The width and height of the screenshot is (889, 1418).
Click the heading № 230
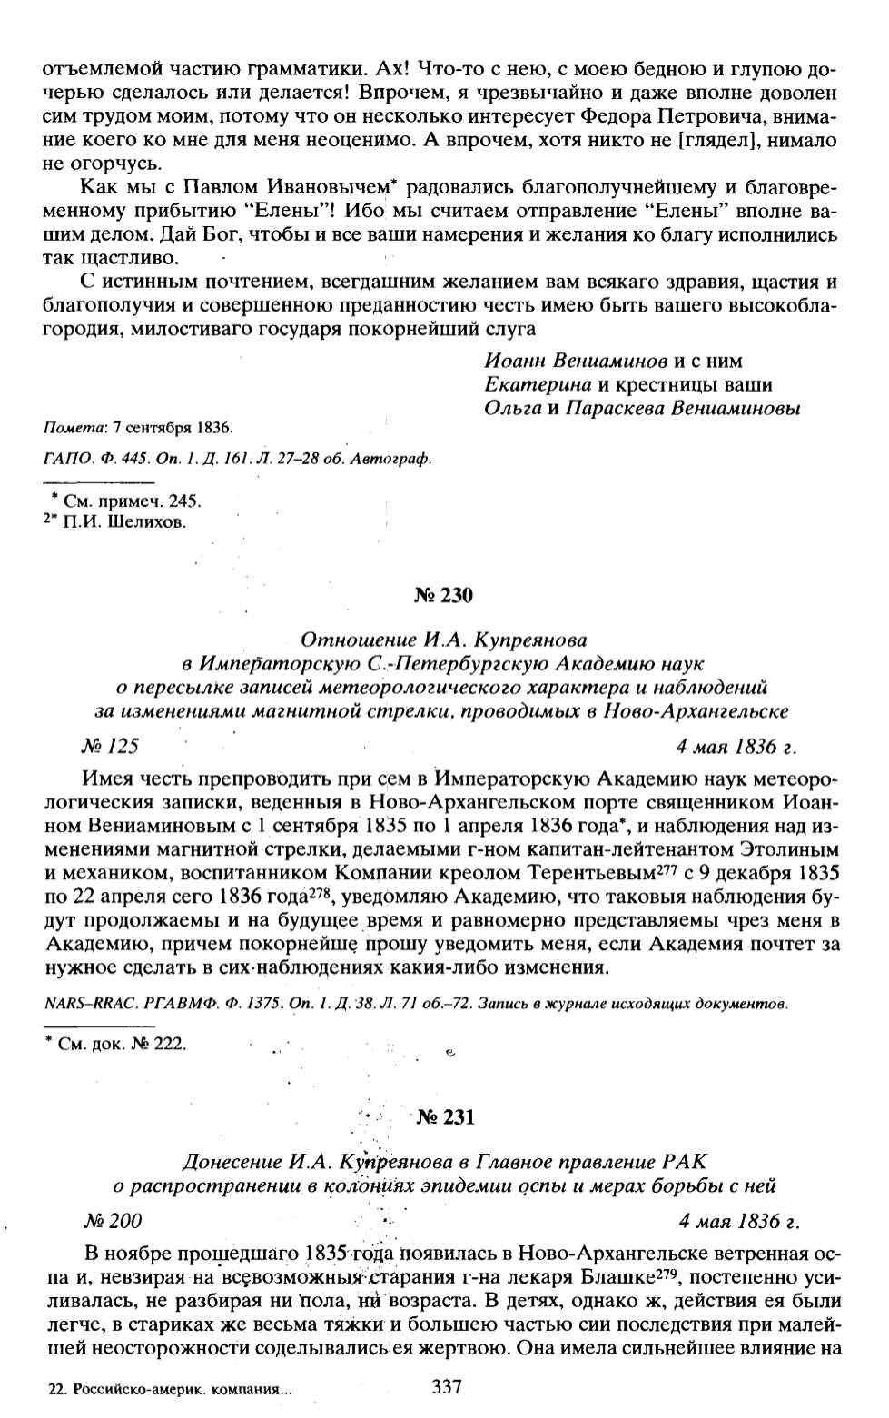(x=443, y=596)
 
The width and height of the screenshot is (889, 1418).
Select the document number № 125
(x=109, y=747)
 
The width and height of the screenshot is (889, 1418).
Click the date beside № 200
(x=741, y=1220)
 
